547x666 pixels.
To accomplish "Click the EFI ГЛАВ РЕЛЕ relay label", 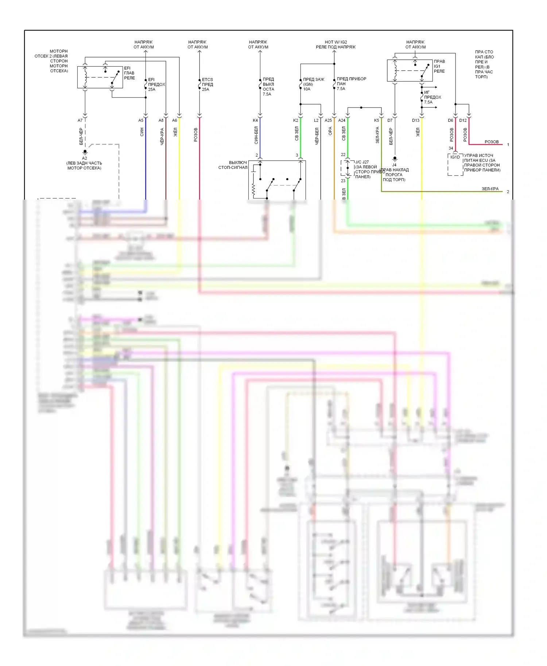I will click(129, 73).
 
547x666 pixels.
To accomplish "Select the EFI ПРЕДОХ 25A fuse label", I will click(156, 84).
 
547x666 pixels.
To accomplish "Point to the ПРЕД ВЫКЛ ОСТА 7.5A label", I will click(268, 86).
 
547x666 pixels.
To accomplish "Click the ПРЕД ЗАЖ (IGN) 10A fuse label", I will click(313, 84).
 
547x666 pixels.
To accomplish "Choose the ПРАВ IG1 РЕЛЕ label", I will click(439, 66).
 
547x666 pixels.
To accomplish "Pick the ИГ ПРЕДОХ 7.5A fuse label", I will click(432, 97).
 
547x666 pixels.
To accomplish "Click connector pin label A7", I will click(80, 120).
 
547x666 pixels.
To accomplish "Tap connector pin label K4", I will click(255, 120).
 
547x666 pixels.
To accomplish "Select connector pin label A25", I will click(328, 120).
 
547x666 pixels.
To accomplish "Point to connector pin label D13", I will click(415, 120).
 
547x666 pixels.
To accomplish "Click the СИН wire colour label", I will click(142, 132).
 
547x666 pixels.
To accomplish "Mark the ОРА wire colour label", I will click(330, 131).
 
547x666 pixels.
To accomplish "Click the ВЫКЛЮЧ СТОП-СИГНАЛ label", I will click(233, 165).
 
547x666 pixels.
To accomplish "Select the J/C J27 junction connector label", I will click(362, 162).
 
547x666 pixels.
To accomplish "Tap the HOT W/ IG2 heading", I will click(335, 42).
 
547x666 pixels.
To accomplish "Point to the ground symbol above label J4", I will click(395, 159).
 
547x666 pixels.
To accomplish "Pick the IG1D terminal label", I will click(455, 157).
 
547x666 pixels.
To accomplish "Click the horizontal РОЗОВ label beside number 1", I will click(491, 142).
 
